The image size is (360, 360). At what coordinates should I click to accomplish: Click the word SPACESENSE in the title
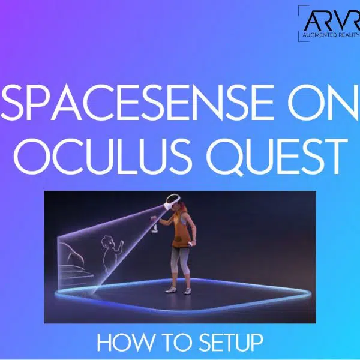137,103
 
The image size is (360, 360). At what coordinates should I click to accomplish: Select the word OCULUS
103,157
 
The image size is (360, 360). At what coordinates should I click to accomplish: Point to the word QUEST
277,157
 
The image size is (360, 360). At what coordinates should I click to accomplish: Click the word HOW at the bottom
126,343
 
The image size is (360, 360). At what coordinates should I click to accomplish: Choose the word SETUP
231,343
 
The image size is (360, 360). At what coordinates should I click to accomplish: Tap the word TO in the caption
177,343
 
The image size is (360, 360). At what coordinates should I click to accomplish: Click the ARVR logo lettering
332,20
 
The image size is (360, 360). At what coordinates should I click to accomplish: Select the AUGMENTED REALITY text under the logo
331,35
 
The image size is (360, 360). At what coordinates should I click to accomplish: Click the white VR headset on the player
172,202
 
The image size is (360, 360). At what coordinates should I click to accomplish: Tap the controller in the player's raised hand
154,224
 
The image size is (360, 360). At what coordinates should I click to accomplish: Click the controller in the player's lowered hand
191,244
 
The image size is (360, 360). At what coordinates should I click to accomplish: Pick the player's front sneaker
170,290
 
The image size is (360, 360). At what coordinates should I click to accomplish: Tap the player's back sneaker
188,290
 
